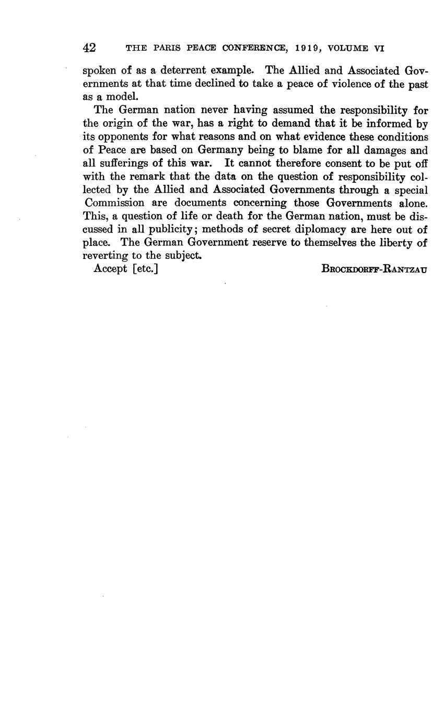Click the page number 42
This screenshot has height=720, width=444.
click(x=89, y=48)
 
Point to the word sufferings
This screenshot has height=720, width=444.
click(x=124, y=163)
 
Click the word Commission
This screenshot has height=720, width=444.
click(x=114, y=203)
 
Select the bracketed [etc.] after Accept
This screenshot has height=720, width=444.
click(x=145, y=269)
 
